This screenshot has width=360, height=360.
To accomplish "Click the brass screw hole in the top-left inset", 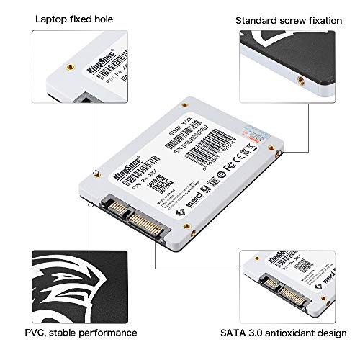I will click(69, 66).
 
